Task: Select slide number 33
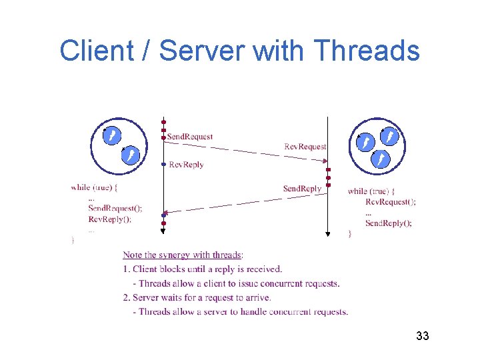422,335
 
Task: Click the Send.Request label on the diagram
190,137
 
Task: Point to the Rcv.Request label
305,146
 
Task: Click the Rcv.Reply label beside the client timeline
186,165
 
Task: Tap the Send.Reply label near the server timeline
302,189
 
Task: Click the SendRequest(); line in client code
115,209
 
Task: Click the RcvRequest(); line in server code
391,201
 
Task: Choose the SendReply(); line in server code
389,223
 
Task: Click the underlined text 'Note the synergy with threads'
182,255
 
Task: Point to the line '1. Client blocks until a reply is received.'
203,269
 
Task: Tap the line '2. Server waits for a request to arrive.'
197,297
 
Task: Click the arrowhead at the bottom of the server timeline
327,234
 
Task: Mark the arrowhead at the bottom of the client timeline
163,231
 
